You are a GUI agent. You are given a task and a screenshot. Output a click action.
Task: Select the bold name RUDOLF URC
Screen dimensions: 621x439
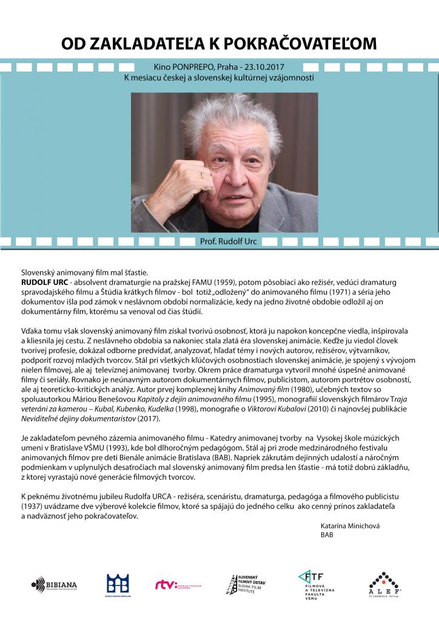pyautogui.click(x=41, y=283)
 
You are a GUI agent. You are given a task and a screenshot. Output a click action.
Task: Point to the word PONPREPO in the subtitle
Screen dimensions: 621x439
pyautogui.click(x=195, y=68)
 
